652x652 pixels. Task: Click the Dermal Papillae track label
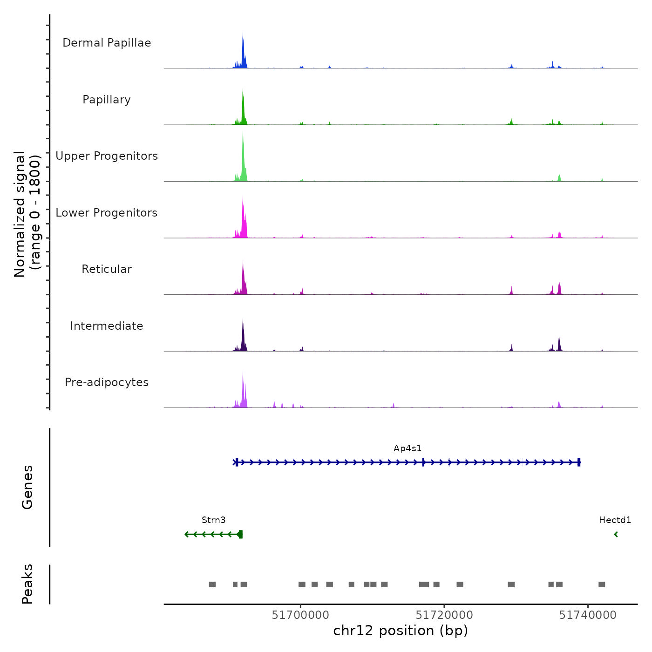tap(107, 43)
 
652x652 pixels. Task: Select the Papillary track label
tap(107, 100)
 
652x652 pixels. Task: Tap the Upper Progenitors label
tap(107, 156)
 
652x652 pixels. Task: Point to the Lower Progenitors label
tap(107, 213)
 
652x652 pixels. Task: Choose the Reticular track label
tap(107, 269)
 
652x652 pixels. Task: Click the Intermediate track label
tap(107, 326)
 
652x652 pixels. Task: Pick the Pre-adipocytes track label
tap(107, 382)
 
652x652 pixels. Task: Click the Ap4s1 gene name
tap(407, 448)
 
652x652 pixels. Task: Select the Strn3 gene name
tap(213, 520)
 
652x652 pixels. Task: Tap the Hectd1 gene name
tap(615, 520)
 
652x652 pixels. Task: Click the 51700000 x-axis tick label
tap(300, 615)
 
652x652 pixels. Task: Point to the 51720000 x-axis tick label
tap(444, 615)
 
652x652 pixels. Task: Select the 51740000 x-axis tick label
tap(588, 615)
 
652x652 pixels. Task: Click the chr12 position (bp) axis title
tap(401, 631)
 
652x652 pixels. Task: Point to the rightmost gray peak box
tap(602, 584)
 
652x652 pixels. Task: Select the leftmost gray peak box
tap(212, 584)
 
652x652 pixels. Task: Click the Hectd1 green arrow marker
tap(616, 534)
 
